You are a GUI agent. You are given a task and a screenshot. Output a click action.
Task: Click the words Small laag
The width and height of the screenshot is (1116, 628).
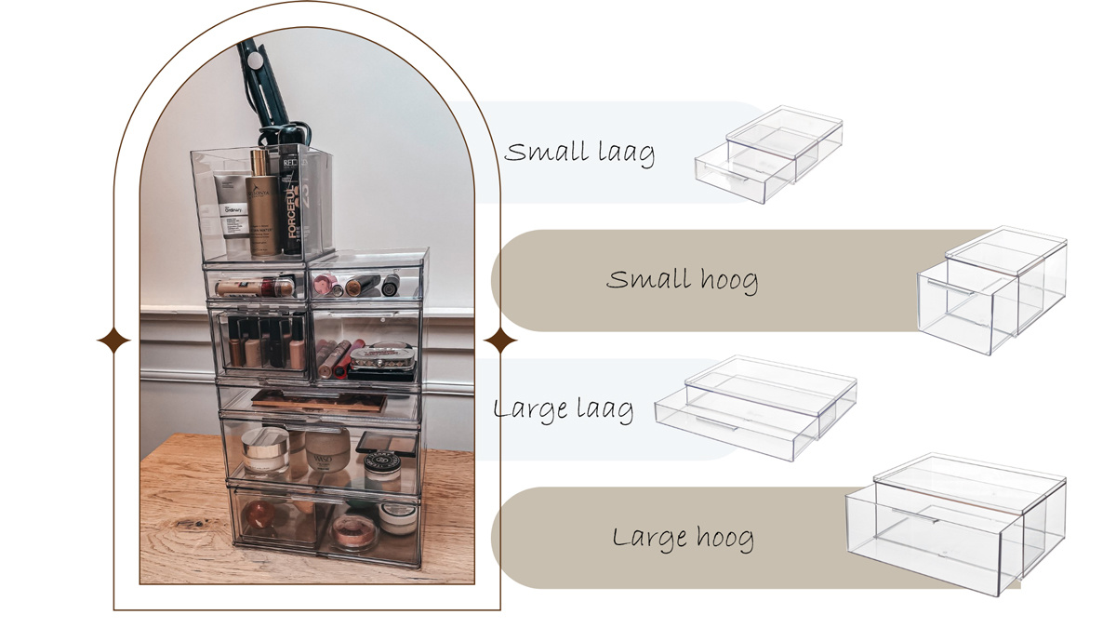579,153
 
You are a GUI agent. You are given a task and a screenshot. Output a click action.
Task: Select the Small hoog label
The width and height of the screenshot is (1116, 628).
682,280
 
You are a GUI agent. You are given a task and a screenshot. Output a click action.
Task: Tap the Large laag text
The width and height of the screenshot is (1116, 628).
564,409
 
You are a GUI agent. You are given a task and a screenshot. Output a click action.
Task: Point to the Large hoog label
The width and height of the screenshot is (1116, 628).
683,538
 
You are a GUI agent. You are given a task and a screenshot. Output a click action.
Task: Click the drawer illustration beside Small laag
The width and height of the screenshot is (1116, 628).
769,154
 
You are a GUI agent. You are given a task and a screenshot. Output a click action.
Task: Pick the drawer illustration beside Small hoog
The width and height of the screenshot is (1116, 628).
991,290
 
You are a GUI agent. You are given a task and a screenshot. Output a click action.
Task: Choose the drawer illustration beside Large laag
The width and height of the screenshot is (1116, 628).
755,408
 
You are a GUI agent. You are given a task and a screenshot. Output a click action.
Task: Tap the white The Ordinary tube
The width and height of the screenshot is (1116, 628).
232,206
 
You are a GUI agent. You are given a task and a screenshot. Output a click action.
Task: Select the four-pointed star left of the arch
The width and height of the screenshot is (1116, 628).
113,341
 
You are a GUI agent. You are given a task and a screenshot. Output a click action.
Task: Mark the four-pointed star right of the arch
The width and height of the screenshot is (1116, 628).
500,341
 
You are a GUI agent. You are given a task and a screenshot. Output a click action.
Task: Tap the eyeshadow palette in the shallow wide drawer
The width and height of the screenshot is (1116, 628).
319,401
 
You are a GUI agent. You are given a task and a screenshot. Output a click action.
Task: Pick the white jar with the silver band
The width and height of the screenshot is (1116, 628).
265,451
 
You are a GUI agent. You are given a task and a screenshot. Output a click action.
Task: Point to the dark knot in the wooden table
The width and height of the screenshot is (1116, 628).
200,524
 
